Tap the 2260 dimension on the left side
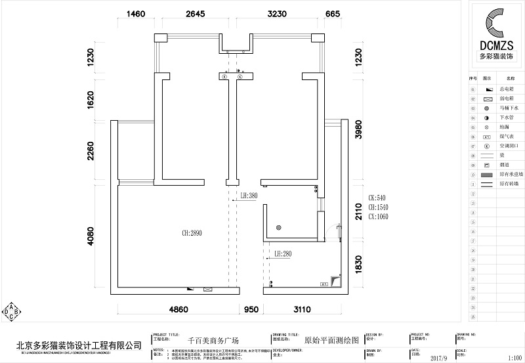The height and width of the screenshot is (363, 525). coord(91,153)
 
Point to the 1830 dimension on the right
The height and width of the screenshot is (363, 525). coord(358,265)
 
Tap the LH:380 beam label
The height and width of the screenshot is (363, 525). coord(249,195)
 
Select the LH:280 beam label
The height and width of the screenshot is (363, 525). coord(283,253)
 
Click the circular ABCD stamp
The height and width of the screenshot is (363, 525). coord(10,311)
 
